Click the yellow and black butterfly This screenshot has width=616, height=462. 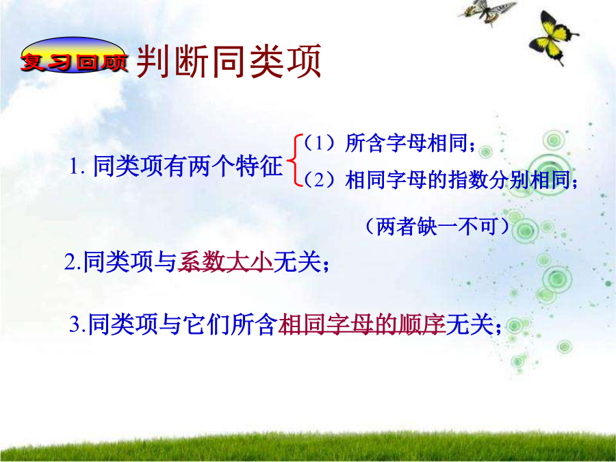552,38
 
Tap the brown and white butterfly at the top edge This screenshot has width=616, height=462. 488,11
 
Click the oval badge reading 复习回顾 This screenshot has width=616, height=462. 73,55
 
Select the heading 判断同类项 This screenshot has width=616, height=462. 229,62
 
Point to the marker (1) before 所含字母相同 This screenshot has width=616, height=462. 319,142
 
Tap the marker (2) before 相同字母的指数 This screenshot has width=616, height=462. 319,180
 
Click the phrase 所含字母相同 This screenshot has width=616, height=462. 407,142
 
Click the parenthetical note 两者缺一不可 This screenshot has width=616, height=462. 437,227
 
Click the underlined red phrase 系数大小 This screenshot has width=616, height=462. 225,262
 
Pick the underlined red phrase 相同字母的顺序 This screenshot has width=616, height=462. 362,324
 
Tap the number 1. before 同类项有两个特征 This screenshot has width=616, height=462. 77,166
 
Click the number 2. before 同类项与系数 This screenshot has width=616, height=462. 73,262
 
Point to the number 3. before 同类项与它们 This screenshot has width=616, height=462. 78,325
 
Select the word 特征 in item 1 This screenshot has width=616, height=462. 259,166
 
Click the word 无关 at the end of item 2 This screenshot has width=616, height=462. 298,262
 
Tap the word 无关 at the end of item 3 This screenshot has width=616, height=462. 470,324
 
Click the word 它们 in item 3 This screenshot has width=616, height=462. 207,324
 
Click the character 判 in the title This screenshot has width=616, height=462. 154,62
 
